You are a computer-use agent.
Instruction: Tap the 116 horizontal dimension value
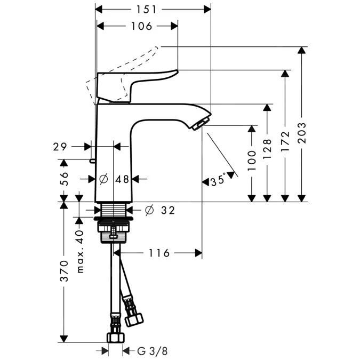click(x=158, y=253)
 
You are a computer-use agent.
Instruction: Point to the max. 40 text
click(x=81, y=251)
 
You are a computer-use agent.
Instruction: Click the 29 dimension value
click(x=60, y=146)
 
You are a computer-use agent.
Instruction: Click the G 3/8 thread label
click(x=151, y=351)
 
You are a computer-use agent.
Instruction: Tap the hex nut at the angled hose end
click(x=134, y=319)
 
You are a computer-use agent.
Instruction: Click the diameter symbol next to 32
click(x=149, y=211)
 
